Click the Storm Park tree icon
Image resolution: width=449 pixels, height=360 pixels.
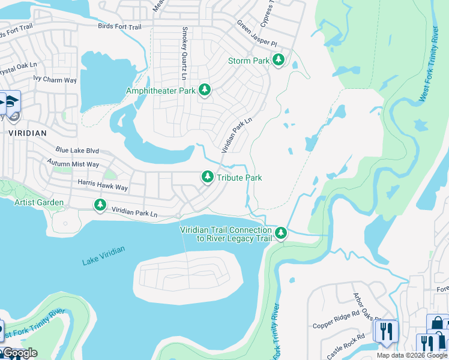[x=278, y=59]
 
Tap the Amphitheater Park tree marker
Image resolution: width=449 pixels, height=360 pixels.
[x=205, y=89]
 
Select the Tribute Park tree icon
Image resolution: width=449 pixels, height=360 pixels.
[x=207, y=176]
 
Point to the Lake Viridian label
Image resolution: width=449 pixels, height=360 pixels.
[x=104, y=256]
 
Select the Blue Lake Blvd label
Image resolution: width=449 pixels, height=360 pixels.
[x=77, y=151]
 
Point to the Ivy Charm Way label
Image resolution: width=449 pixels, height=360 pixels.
[x=55, y=79]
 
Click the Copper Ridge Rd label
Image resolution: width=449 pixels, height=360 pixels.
[x=336, y=325]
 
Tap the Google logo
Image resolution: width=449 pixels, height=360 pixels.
[x=19, y=353]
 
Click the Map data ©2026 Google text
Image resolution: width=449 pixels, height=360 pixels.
[x=412, y=355]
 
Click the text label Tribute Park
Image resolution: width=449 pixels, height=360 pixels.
[x=239, y=178]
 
